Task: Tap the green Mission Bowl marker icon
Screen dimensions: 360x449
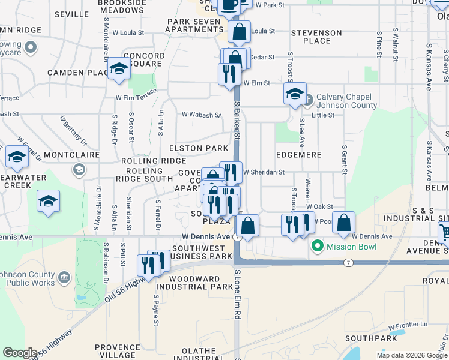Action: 318,246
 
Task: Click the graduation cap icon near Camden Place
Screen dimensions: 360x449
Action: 119,69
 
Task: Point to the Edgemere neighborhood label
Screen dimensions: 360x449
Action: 298,155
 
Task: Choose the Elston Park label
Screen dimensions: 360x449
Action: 199,148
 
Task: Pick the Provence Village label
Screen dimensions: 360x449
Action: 117,351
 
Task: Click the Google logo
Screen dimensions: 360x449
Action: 20,353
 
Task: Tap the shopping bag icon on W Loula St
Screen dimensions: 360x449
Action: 239,32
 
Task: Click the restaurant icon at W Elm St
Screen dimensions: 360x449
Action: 229,74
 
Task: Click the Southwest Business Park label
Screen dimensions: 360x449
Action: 202,252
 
